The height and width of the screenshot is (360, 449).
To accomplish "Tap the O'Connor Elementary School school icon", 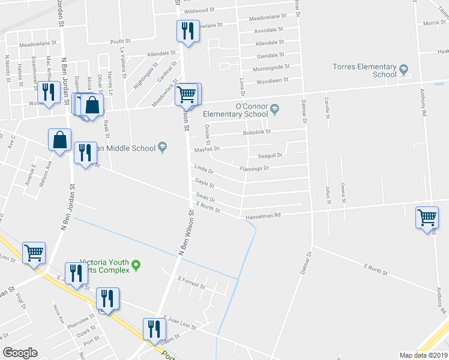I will point(275,109).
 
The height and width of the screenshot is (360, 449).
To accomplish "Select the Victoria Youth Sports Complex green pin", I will point(136,264).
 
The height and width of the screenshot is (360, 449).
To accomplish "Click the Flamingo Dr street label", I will point(254,169).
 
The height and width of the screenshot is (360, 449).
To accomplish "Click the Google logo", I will point(20,353).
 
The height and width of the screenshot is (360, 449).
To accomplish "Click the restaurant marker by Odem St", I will point(154,329).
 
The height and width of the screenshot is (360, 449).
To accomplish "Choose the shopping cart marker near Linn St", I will point(34,253).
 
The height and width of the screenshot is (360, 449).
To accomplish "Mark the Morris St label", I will point(434,22).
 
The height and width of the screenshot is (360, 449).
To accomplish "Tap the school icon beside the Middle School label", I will point(162,148).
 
